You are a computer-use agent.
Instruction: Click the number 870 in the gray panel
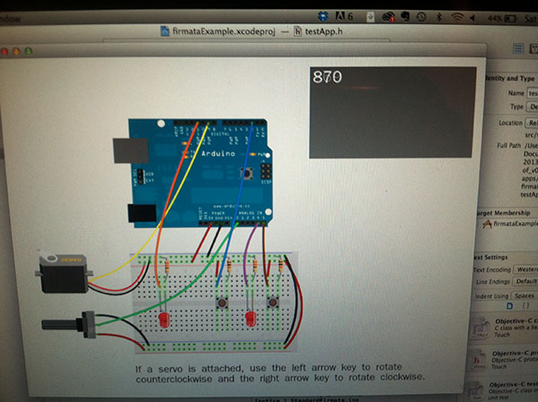327,78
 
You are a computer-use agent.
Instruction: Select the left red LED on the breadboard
163,319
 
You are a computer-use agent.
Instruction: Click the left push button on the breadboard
220,307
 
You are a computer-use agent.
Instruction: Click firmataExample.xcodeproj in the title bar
218,31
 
